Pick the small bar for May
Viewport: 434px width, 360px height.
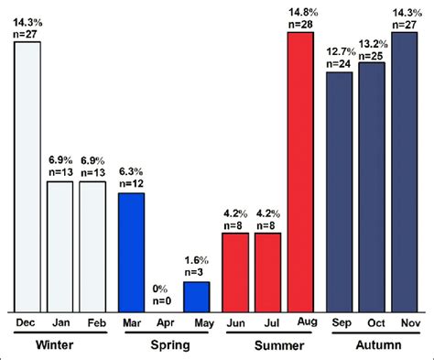pyautogui.click(x=196, y=295)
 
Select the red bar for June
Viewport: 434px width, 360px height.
pyautogui.click(x=235, y=271)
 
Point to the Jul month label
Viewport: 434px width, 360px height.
pyautogui.click(x=267, y=322)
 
